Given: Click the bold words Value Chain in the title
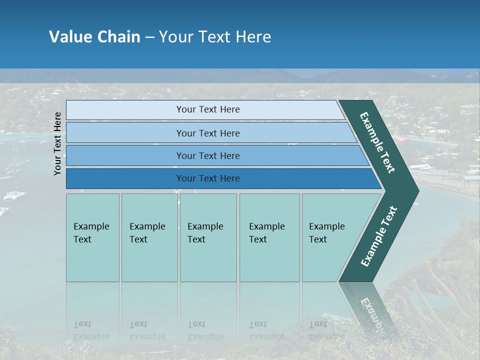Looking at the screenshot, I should click(x=94, y=37).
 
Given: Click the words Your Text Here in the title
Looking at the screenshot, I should click(x=215, y=37).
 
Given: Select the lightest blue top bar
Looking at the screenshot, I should click(x=125, y=110).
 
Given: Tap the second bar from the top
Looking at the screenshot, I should click(x=125, y=133).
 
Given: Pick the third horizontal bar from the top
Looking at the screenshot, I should click(x=125, y=155).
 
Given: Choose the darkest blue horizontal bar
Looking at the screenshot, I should click(x=125, y=178).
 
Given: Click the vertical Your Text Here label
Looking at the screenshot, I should click(x=57, y=143).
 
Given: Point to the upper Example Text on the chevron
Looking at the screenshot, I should click(x=377, y=142).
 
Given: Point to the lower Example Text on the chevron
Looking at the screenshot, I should click(x=379, y=236).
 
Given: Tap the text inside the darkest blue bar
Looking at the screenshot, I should click(x=208, y=178).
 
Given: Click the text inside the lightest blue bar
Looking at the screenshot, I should click(x=208, y=109).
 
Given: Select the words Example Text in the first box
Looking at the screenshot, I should click(x=91, y=233).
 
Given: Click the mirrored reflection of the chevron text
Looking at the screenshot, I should click(x=372, y=312).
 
